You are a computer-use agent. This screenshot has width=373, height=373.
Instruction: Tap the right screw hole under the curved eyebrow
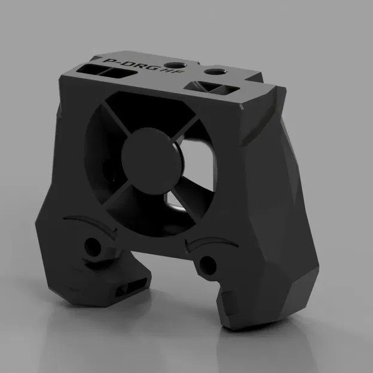207,264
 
